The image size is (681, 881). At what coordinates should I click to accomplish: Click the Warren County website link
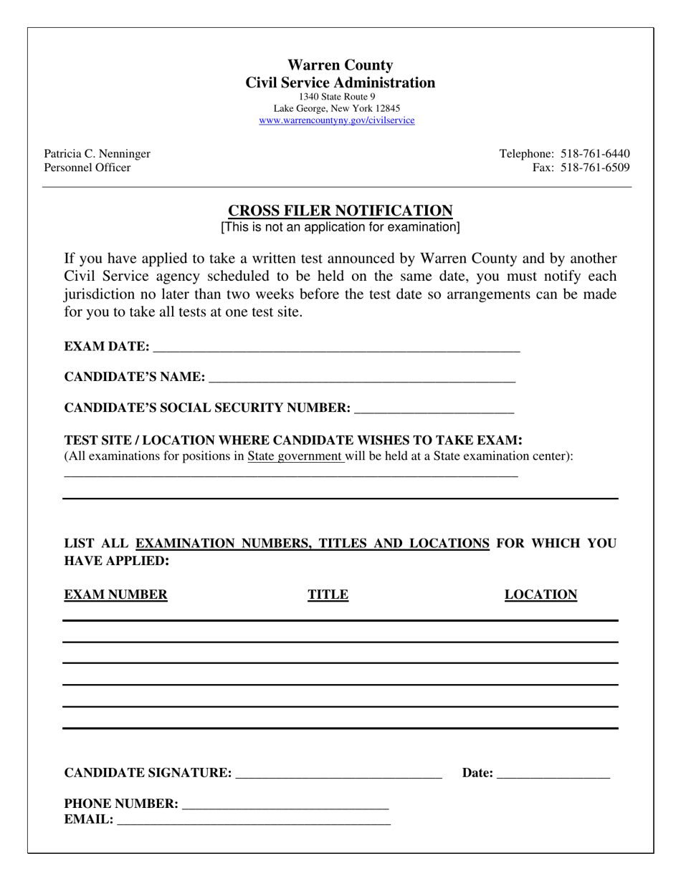[x=337, y=120]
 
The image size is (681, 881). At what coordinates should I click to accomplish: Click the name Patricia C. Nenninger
[x=97, y=153]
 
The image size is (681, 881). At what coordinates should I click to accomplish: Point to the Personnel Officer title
[x=87, y=168]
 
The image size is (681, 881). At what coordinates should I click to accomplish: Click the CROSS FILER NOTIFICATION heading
[x=340, y=211]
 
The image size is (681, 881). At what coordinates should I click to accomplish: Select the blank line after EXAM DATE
[x=336, y=347]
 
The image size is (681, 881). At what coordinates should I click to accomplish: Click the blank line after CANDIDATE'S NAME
[x=361, y=378]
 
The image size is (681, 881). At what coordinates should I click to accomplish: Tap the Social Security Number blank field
[x=434, y=409]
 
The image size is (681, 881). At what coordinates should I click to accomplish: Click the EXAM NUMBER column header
[x=116, y=594]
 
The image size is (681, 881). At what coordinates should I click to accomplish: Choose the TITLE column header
[x=328, y=594]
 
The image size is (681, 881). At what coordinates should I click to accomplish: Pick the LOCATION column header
[x=540, y=594]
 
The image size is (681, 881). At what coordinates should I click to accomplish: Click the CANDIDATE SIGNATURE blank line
[x=338, y=774]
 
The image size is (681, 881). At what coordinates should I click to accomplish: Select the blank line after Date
[x=553, y=774]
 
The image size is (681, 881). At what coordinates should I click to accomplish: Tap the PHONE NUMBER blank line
[x=285, y=804]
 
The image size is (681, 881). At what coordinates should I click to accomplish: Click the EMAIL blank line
[x=254, y=821]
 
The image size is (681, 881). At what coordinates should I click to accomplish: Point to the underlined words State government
[x=295, y=456]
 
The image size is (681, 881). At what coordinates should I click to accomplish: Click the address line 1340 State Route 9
[x=337, y=97]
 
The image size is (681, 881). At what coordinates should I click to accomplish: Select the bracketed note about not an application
[x=340, y=227]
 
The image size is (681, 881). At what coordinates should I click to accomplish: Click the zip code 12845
[x=388, y=109]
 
